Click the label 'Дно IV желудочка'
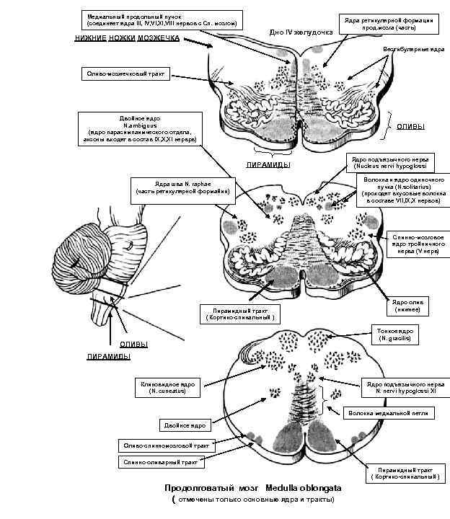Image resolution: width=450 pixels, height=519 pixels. point(301,32)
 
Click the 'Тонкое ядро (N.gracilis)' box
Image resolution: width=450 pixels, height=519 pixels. point(393,334)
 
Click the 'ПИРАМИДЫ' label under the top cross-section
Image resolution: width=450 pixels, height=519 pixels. point(268,164)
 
